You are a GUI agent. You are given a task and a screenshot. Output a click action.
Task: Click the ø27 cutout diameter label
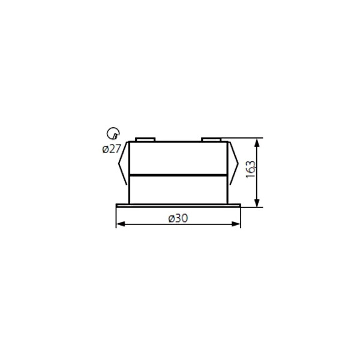click(112, 149)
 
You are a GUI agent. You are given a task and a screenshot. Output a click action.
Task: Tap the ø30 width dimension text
click(178, 218)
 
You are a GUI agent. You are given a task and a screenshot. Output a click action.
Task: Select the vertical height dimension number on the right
click(250, 169)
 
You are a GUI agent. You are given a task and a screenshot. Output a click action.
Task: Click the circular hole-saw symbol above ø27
click(113, 133)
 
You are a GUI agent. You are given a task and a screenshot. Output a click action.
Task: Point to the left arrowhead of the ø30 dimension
click(121, 224)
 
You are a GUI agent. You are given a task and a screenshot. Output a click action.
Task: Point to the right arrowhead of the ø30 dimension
click(236, 224)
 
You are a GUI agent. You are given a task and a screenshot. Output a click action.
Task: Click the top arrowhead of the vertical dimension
click(257, 143)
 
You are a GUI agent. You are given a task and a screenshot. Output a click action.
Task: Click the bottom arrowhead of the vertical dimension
click(257, 203)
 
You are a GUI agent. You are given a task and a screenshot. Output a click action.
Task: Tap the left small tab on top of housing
click(145, 139)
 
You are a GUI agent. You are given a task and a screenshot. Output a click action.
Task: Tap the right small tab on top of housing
click(211, 139)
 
